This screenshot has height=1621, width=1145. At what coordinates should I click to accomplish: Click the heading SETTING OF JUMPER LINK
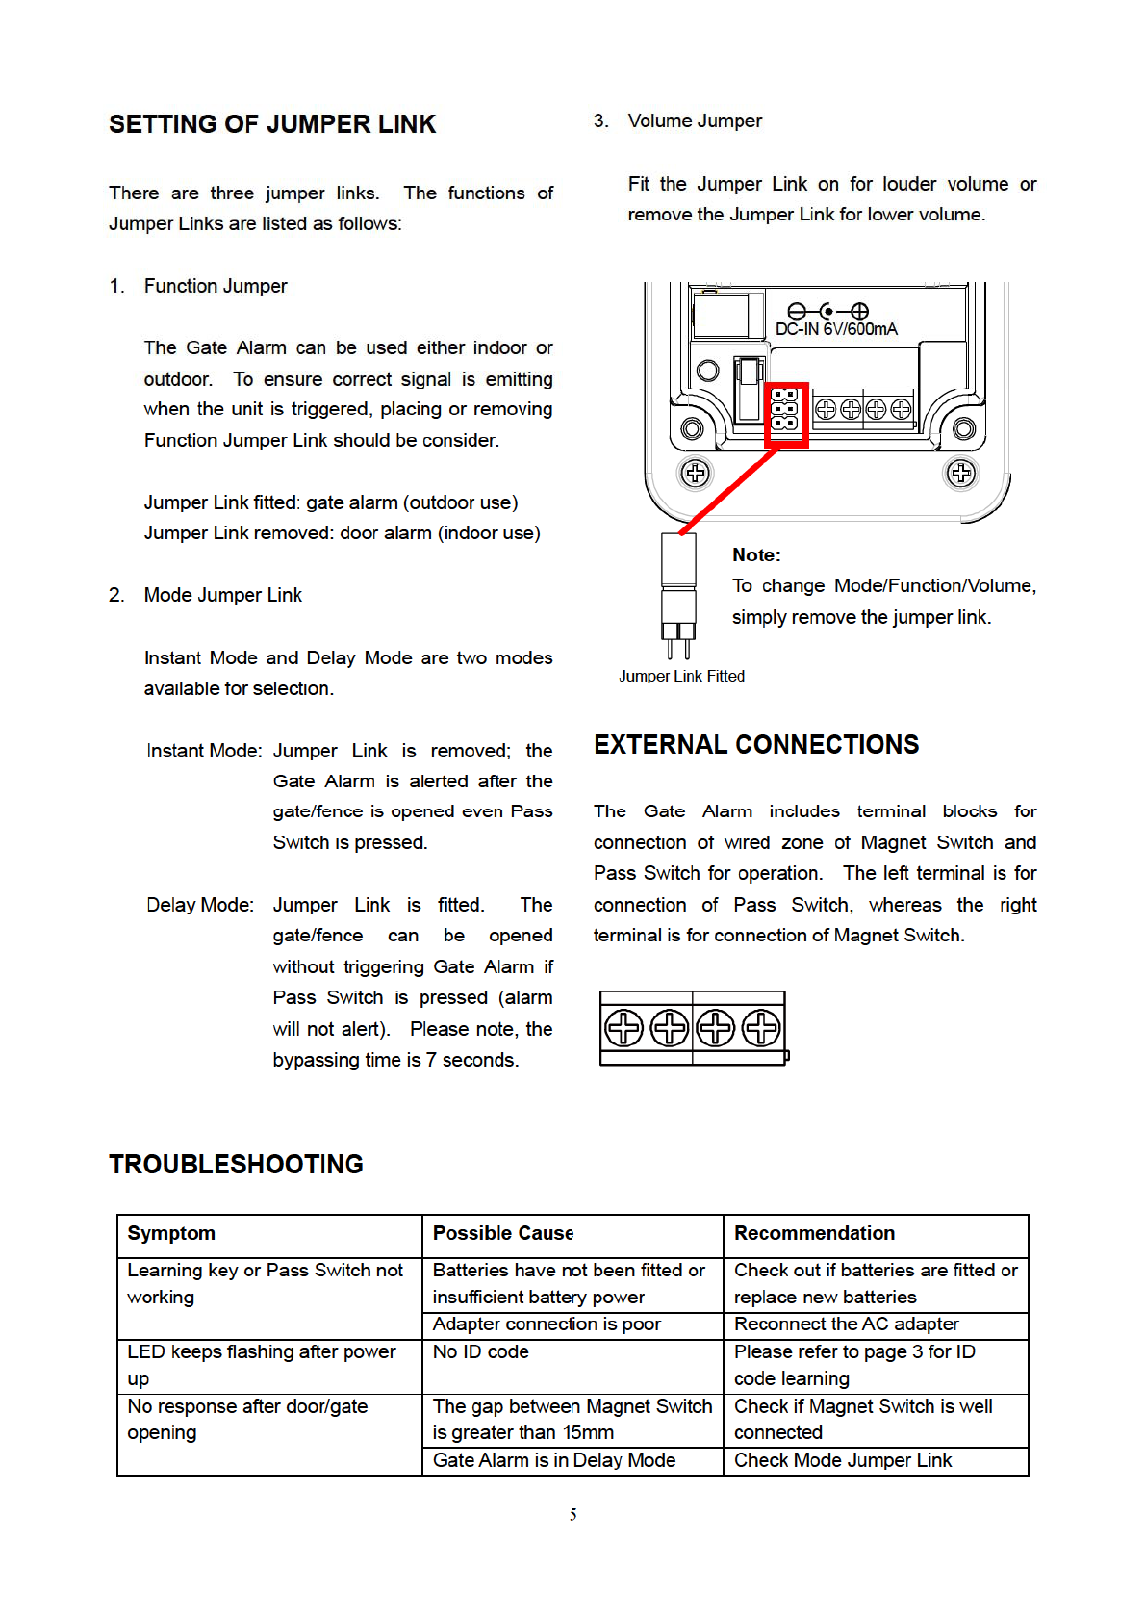[272, 124]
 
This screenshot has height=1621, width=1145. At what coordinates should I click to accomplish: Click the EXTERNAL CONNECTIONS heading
[756, 745]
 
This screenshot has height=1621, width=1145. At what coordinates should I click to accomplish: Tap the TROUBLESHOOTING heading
[236, 1165]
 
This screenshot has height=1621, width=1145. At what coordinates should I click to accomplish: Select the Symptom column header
[171, 1233]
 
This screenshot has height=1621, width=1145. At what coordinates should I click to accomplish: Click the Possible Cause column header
[503, 1233]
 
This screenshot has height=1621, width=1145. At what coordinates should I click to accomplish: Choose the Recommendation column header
[814, 1233]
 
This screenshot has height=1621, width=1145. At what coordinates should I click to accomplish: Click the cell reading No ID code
[481, 1351]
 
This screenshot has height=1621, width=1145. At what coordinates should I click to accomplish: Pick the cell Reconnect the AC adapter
[847, 1324]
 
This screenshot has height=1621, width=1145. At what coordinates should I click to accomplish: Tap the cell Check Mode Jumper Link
[843, 1460]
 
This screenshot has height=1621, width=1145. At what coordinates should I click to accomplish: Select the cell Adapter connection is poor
[547, 1324]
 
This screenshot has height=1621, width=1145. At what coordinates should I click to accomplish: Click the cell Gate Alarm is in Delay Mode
[554, 1460]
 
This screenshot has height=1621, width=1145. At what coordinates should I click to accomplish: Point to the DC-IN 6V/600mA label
[836, 329]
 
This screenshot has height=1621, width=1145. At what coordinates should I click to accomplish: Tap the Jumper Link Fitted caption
[681, 676]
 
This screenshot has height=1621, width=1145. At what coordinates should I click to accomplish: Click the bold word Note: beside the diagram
[756, 554]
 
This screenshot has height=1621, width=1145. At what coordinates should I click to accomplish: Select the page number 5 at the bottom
[572, 1515]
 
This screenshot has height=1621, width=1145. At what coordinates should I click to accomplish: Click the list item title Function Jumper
[216, 286]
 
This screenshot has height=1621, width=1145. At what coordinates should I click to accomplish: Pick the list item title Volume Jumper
[695, 121]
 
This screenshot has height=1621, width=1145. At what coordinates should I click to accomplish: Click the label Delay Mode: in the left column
[200, 905]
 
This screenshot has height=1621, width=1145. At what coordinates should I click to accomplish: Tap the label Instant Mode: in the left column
[204, 750]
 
